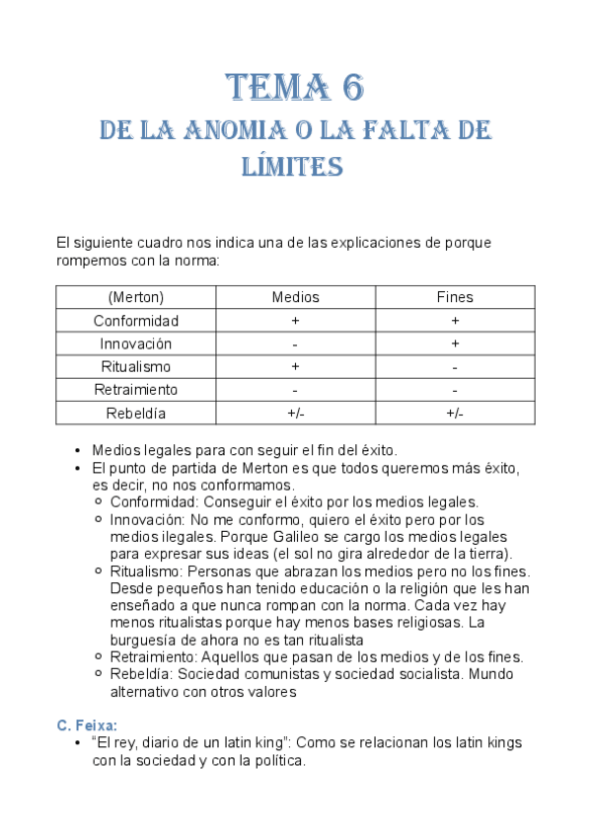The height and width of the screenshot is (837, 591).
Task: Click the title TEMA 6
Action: (x=295, y=89)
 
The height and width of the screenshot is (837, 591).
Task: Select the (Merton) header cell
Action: (x=136, y=297)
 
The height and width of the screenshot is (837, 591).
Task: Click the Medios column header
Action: (x=296, y=297)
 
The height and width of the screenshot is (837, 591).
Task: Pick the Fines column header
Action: (x=455, y=297)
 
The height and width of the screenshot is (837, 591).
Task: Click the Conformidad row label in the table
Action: (x=136, y=321)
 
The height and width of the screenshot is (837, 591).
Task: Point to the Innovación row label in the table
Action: (x=136, y=343)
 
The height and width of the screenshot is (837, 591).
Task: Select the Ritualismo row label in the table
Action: (x=136, y=366)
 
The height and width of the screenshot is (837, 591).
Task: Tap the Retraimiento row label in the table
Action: (x=136, y=390)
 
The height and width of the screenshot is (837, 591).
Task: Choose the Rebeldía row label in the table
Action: (x=136, y=413)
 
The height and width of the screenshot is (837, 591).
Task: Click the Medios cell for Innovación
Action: (x=296, y=343)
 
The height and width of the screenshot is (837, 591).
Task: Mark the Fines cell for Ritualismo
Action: (x=455, y=366)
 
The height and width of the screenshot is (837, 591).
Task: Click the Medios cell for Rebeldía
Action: (x=296, y=413)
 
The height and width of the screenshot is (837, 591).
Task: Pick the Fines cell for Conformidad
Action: (x=455, y=321)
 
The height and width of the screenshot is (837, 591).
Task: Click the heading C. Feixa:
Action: (x=88, y=725)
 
